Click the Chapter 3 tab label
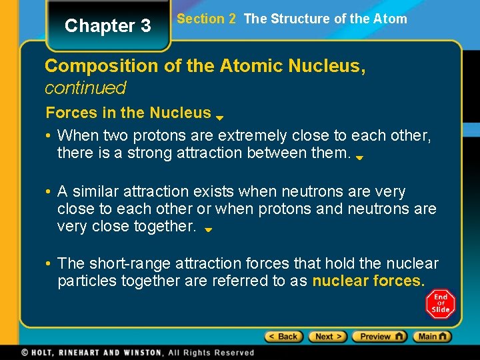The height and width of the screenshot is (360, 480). click(x=108, y=26)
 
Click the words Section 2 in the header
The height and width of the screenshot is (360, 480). click(x=207, y=19)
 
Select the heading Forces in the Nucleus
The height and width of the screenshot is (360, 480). click(x=128, y=113)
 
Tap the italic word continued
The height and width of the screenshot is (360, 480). click(x=85, y=88)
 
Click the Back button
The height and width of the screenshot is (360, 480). click(x=283, y=337)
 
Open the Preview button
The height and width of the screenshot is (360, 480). click(x=379, y=337)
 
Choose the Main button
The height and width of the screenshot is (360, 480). click(x=431, y=337)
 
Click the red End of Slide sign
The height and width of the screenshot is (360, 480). click(x=440, y=303)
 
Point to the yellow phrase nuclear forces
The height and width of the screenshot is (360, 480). click(x=368, y=281)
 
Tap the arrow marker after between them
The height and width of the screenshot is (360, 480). click(x=359, y=158)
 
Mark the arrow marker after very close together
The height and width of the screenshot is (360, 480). click(x=207, y=229)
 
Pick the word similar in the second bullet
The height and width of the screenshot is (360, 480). click(x=99, y=192)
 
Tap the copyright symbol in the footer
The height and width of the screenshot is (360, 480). click(x=24, y=352)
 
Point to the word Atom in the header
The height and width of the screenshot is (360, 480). click(x=391, y=19)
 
